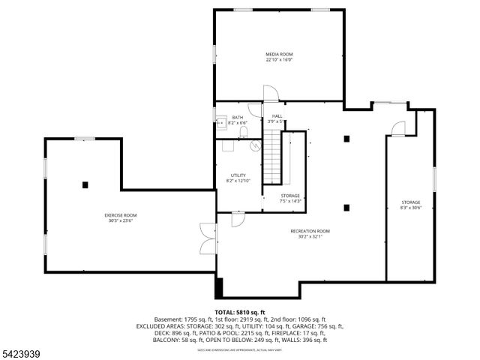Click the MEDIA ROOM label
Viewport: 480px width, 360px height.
pos(279,54)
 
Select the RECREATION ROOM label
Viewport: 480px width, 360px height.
pos(310,231)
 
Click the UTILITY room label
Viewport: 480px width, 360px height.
pos(238,175)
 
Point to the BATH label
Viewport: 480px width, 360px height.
pos(237,117)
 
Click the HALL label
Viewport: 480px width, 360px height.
pos(277,115)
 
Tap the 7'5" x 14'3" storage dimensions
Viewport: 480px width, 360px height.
pos(290,201)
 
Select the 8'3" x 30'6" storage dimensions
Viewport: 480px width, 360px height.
pos(410,208)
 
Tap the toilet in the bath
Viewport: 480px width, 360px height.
pos(244,133)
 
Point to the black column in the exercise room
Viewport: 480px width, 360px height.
pos(85,184)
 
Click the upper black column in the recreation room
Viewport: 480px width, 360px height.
pos(346,138)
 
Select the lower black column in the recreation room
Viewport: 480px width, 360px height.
pos(346,208)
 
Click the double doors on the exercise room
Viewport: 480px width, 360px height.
pos(208,240)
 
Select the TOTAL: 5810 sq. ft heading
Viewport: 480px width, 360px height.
pos(240,311)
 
